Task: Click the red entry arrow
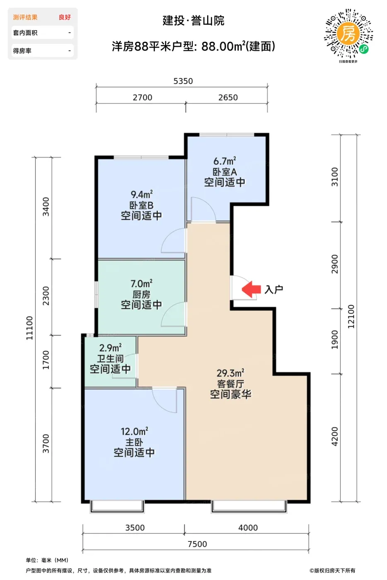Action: click(251, 289)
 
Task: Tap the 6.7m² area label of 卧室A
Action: click(225, 161)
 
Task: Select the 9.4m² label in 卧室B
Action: click(141, 194)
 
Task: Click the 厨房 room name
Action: click(141, 295)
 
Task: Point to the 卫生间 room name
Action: click(110, 359)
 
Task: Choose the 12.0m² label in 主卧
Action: click(134, 431)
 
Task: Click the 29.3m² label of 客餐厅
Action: click(230, 373)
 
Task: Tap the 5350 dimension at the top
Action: click(183, 81)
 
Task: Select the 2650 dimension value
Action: click(228, 98)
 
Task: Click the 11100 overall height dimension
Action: click(29, 328)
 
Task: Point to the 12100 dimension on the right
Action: click(351, 317)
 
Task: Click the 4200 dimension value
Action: click(335, 437)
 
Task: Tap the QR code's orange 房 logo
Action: click(348, 34)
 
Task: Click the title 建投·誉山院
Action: click(193, 21)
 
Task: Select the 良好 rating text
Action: click(65, 17)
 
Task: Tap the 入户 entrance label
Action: click(274, 289)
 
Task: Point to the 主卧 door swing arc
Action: click(159, 406)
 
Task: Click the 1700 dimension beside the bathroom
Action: click(46, 360)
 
